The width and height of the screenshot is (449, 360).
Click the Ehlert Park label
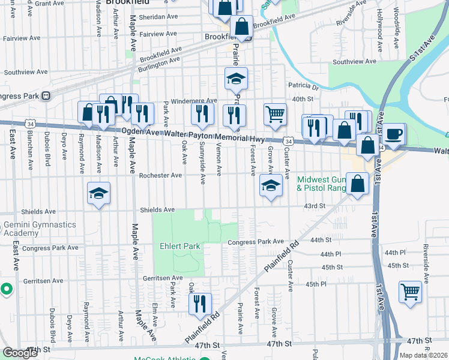tap(179, 246)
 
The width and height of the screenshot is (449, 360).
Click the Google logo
tap(19, 353)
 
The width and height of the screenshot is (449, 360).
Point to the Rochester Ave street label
tap(160, 176)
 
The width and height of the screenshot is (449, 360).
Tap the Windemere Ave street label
tap(194, 101)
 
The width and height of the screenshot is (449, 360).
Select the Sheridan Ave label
tap(160, 17)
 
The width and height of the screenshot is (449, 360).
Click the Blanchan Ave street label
tap(30, 159)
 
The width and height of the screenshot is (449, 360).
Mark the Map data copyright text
tap(421, 355)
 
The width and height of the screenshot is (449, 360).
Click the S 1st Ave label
tap(422, 49)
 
